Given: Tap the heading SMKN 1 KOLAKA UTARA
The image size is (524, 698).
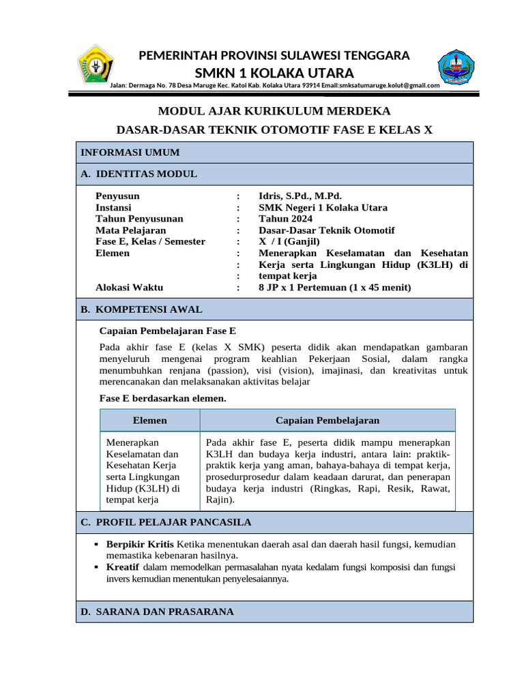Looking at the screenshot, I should (274, 73).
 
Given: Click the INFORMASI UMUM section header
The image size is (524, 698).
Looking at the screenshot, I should (130, 153).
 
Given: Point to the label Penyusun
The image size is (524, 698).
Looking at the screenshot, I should (117, 196).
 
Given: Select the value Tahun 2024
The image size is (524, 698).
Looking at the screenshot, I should (285, 219).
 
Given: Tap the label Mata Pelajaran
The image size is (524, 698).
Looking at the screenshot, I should (130, 230).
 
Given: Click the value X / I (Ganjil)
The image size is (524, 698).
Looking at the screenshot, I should (289, 241).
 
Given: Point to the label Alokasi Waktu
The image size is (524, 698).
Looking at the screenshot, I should (129, 288).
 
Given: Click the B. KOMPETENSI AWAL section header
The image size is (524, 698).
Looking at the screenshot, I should (141, 309).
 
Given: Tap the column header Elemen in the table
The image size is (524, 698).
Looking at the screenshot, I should (149, 421).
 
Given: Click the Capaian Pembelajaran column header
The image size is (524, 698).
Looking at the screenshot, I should (327, 421).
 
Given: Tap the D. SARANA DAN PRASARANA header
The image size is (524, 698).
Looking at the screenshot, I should (157, 612).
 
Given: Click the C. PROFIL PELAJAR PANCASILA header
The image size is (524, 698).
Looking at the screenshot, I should (166, 522).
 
